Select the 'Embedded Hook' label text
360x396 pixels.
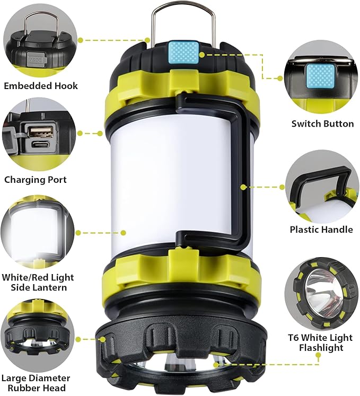click(x=41, y=85)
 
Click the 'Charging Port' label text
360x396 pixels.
click(x=36, y=180)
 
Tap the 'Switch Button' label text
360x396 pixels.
click(x=322, y=124)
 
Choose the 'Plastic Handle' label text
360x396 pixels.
click(x=321, y=230)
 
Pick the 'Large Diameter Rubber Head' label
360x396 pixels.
click(x=36, y=383)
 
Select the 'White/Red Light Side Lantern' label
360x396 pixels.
click(x=38, y=282)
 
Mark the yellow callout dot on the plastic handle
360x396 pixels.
click(x=242, y=187)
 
